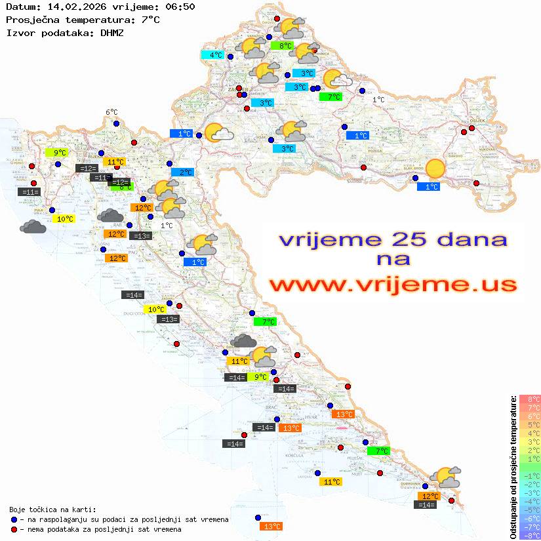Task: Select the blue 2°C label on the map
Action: click(182, 172)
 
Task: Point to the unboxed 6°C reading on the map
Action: click(111, 112)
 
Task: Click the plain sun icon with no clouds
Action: click(435, 169)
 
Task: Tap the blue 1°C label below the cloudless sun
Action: click(428, 187)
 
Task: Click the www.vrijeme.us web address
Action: click(392, 285)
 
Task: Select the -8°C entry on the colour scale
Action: click(530, 535)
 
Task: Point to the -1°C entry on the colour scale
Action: click(530, 475)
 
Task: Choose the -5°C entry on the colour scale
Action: click(530, 510)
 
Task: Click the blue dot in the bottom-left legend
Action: click(14, 519)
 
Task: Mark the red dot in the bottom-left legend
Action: click(14, 529)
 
